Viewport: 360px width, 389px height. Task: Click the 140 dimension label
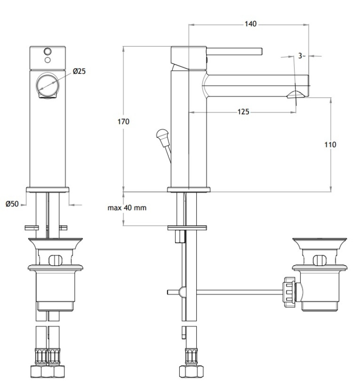pyautogui.click(x=250, y=24)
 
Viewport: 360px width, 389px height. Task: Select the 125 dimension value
pyautogui.click(x=243, y=112)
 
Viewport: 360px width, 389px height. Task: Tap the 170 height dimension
pyautogui.click(x=123, y=121)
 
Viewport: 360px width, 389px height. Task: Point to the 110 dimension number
pyautogui.click(x=330, y=144)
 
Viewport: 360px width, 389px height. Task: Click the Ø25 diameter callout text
pyautogui.click(x=79, y=71)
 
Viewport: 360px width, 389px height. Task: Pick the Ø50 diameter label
pyautogui.click(x=12, y=204)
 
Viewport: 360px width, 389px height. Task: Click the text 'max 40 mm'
pyautogui.click(x=127, y=207)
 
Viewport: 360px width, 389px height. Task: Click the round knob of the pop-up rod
pyautogui.click(x=162, y=134)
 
